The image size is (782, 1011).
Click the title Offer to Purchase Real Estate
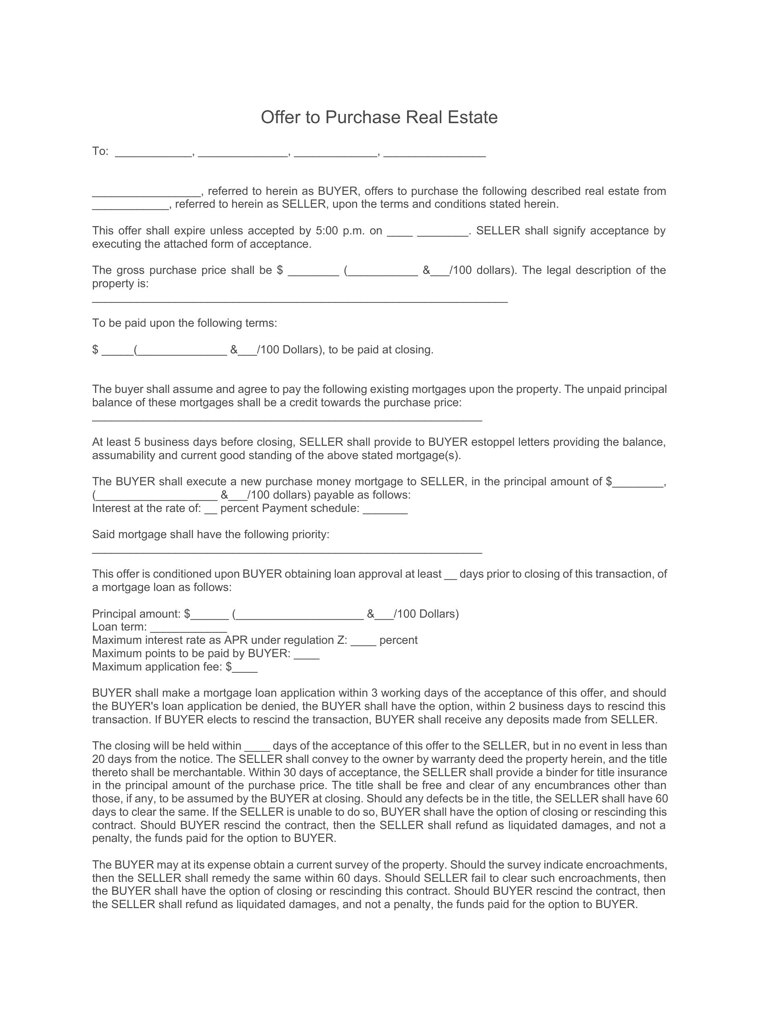click(x=379, y=117)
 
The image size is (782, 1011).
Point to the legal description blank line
click(x=300, y=301)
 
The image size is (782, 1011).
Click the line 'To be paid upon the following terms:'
click(x=184, y=323)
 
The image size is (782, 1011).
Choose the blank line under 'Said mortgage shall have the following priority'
click(x=287, y=552)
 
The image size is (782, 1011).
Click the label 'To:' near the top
click(x=100, y=151)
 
